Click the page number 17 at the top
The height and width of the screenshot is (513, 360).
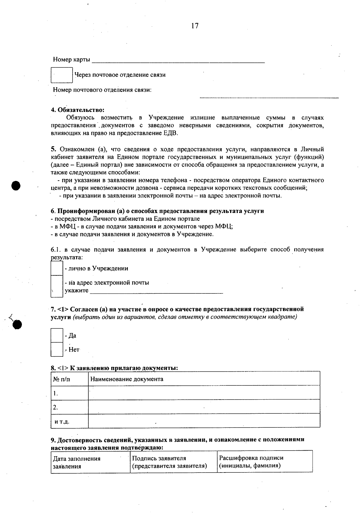(195, 26)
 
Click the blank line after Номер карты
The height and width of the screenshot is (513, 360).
(178, 60)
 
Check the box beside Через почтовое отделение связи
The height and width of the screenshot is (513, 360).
(62, 75)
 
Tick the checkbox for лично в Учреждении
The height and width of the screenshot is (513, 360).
(57, 268)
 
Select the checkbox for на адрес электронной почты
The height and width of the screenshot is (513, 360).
(57, 286)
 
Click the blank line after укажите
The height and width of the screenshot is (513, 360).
(156, 290)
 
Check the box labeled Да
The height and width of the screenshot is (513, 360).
(57, 335)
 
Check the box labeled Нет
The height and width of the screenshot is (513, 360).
(57, 349)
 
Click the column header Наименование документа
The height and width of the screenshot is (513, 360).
(127, 379)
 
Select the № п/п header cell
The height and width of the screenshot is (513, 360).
(61, 379)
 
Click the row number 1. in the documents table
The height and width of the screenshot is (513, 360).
(56, 393)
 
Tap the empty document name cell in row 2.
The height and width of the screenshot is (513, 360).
(204, 407)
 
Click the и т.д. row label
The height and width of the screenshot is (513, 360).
(62, 421)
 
